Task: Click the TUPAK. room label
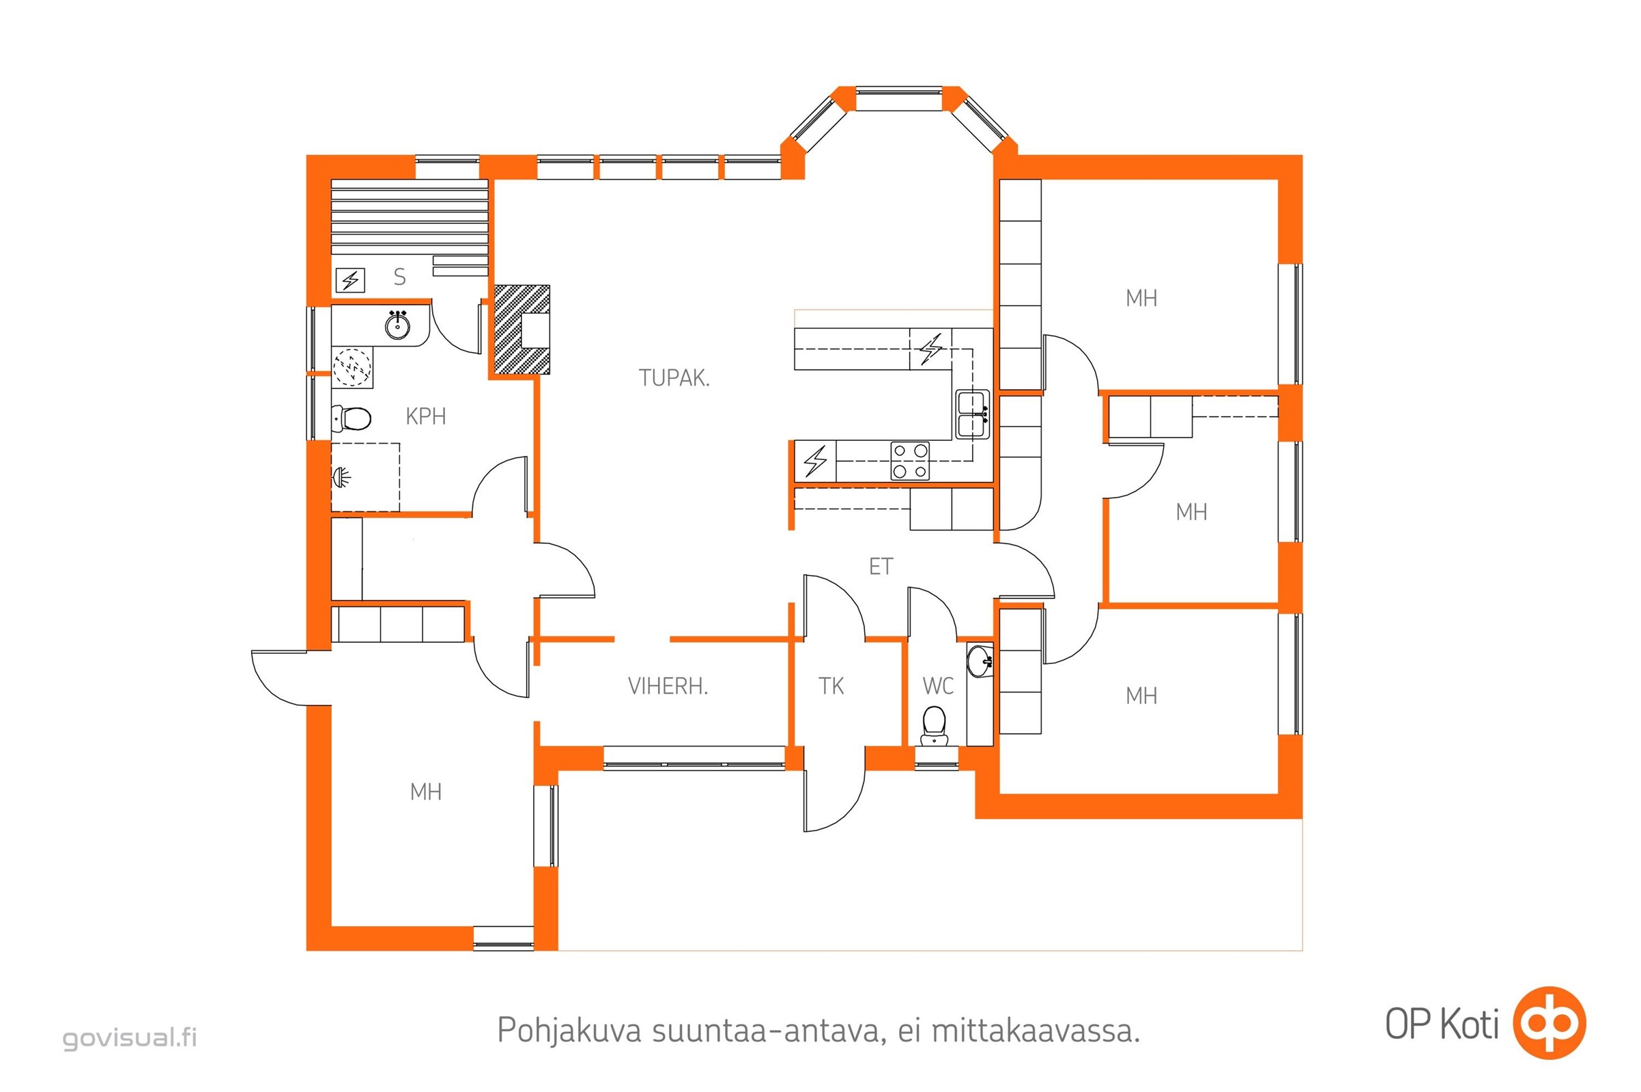(674, 377)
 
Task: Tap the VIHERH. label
(668, 686)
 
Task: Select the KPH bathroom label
(425, 416)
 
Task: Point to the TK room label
(831, 686)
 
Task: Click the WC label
(937, 686)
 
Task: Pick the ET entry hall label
(881, 566)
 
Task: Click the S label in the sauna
(399, 276)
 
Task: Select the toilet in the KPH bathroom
(352, 418)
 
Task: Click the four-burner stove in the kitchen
(910, 461)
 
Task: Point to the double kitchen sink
(972, 414)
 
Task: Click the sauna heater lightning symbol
(350, 280)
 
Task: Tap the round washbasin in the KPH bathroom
(397, 326)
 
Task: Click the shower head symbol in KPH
(341, 477)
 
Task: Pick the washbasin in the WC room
(980, 660)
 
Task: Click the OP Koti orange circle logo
(1550, 1023)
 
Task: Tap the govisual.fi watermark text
(130, 1037)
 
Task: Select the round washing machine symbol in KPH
(352, 367)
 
